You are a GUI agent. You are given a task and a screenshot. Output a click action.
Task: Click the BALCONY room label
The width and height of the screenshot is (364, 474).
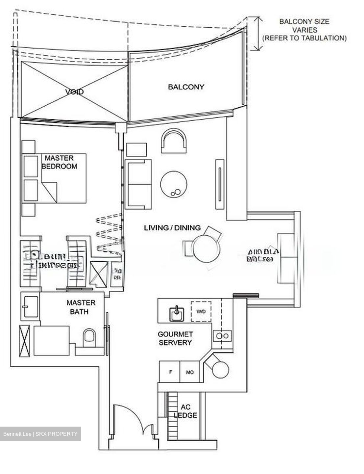(186, 87)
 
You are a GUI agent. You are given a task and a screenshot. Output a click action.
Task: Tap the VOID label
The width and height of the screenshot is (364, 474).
(74, 92)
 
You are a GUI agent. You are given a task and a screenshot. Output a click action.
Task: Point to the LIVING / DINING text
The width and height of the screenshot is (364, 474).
(172, 227)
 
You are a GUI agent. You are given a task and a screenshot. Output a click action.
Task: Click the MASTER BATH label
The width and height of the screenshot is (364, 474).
(81, 307)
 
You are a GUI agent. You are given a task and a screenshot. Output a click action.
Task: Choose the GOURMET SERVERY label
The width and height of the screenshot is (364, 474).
(175, 338)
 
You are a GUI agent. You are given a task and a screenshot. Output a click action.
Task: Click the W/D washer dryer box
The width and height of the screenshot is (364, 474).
(201, 311)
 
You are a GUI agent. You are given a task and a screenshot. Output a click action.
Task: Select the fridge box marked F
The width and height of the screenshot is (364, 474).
(170, 372)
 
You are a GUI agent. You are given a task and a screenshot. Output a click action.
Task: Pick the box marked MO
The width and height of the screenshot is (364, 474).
(190, 372)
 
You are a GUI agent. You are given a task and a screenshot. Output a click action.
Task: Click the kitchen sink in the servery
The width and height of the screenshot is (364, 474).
(177, 313)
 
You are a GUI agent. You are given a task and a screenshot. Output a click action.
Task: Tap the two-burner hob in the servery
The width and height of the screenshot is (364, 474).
(223, 336)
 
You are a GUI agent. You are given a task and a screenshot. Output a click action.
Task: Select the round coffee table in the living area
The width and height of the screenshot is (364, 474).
(174, 184)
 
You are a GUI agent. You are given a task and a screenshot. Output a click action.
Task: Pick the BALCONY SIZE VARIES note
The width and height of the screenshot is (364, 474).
(304, 30)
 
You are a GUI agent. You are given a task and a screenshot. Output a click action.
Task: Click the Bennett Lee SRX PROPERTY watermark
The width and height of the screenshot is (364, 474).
(40, 434)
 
